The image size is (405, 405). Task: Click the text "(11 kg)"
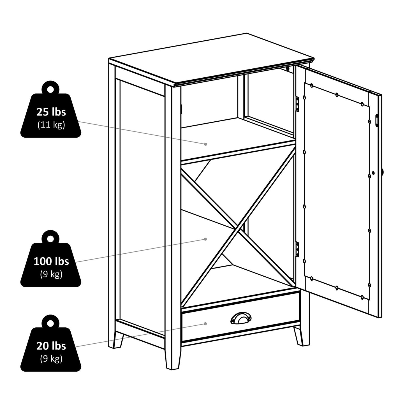(x=51, y=125)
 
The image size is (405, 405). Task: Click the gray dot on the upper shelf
(x=205, y=144)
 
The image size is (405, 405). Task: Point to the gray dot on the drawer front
(x=205, y=324)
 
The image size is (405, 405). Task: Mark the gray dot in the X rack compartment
(x=205, y=239)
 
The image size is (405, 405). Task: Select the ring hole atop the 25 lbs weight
(x=50, y=89)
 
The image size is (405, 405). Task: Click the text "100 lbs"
(x=51, y=261)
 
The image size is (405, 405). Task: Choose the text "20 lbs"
(x=51, y=346)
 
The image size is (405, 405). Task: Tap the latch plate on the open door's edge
(x=377, y=120)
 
